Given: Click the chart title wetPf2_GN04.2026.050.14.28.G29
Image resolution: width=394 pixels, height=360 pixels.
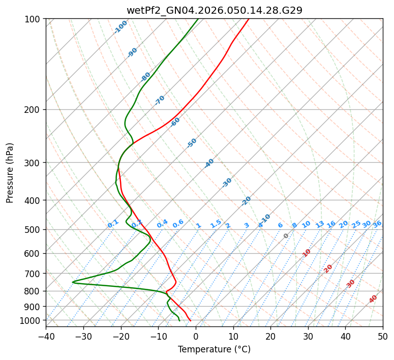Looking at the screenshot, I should pos(214,10).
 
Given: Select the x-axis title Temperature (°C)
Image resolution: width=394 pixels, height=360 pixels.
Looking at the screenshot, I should pos(214,349).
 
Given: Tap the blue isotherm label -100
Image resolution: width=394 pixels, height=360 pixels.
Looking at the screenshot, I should pos(121,27).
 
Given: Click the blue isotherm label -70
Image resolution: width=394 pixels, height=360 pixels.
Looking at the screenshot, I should pos(160,100).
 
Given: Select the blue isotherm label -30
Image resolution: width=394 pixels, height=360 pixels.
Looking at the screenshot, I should pos(227,183).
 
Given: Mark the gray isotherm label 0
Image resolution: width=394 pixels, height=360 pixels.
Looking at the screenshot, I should pos(286,236).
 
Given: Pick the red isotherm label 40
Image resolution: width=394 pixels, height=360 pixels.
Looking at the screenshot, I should pos(373,299).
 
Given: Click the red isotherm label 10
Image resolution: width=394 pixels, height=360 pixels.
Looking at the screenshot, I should pos(307,253).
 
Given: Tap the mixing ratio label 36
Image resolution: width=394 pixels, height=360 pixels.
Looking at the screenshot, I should pos(377,224).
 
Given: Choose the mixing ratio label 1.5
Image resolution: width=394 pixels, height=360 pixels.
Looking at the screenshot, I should pos(216,224).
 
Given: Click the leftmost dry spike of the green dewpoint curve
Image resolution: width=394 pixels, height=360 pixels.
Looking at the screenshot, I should pos(73,282).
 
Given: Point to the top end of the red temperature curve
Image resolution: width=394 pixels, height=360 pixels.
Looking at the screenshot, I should pos(249,19).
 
